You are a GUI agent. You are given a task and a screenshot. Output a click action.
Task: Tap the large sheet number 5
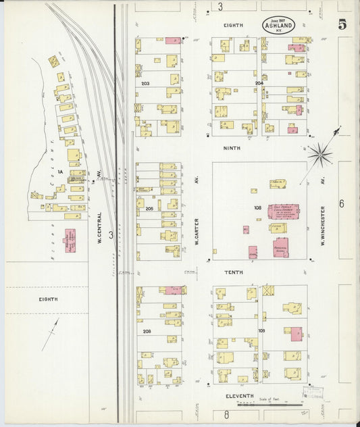point(342,24)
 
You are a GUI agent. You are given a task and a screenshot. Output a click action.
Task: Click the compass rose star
point(319,155)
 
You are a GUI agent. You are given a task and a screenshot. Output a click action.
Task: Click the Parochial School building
point(280,247)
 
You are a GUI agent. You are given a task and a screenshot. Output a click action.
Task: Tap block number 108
point(257,207)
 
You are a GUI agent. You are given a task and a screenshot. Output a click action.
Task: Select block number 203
point(145,84)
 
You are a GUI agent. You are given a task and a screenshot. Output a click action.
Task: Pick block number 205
point(149,209)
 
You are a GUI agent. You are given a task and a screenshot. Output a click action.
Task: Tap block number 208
point(147,331)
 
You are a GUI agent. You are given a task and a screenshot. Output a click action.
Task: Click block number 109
point(261,331)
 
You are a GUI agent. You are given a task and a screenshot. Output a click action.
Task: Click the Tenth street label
point(234,272)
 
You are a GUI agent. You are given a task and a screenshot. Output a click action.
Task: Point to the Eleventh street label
point(240,395)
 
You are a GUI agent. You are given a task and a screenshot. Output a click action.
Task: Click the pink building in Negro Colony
point(70,240)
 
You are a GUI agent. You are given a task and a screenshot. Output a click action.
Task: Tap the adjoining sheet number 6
point(342,203)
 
